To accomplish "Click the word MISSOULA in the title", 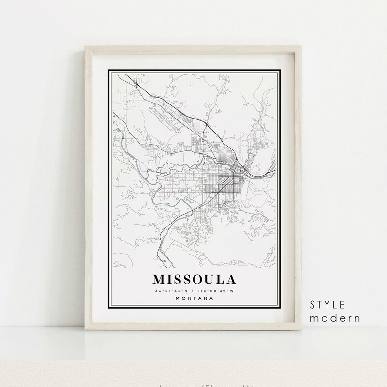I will (194, 280).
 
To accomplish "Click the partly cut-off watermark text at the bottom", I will (193, 384).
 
